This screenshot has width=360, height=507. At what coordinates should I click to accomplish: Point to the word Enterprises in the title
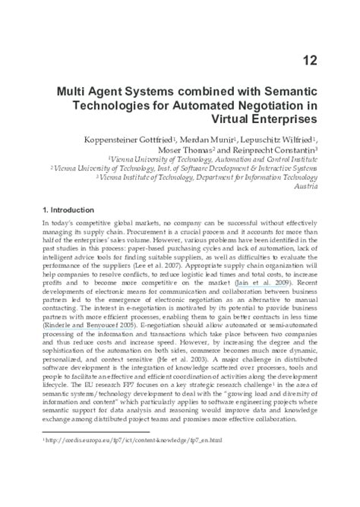coord(297,119)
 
